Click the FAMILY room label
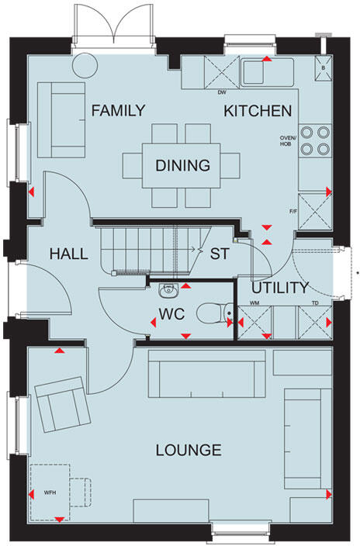[x=118, y=111]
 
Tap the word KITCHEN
[x=258, y=111]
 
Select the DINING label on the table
[x=182, y=165]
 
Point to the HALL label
[x=68, y=254]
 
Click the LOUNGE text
[x=189, y=450]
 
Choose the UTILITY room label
[x=280, y=288]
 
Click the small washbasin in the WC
[x=168, y=291]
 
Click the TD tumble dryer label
[x=315, y=303]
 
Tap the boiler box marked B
[x=324, y=68]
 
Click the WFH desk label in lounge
[x=49, y=492]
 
